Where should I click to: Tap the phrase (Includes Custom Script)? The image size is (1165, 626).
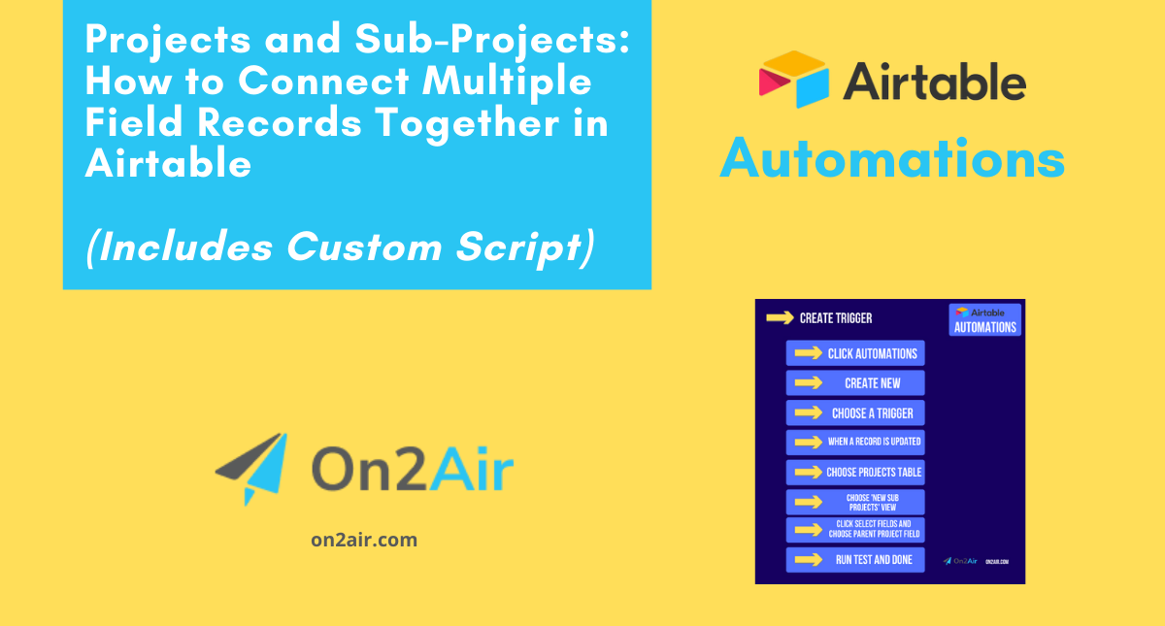point(339,247)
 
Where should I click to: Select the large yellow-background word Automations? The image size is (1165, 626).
point(892,158)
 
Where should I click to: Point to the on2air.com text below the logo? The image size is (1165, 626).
point(364,540)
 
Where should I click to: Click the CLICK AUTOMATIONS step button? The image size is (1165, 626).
point(855,353)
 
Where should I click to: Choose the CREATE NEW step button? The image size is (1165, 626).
point(855,383)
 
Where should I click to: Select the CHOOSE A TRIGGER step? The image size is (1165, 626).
point(855,413)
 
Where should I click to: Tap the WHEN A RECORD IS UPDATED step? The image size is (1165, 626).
point(855,443)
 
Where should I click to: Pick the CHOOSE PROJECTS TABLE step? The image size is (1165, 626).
point(855,473)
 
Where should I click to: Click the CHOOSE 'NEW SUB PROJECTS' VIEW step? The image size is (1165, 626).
point(855,502)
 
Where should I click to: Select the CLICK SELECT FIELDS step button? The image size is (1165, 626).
point(855,530)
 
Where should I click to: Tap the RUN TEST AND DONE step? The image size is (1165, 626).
point(855,560)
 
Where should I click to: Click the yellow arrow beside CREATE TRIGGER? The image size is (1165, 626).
point(780,317)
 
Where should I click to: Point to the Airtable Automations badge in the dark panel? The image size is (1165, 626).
point(984,319)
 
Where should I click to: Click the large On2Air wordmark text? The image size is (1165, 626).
point(412,471)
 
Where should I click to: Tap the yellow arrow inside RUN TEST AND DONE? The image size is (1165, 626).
point(808,560)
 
